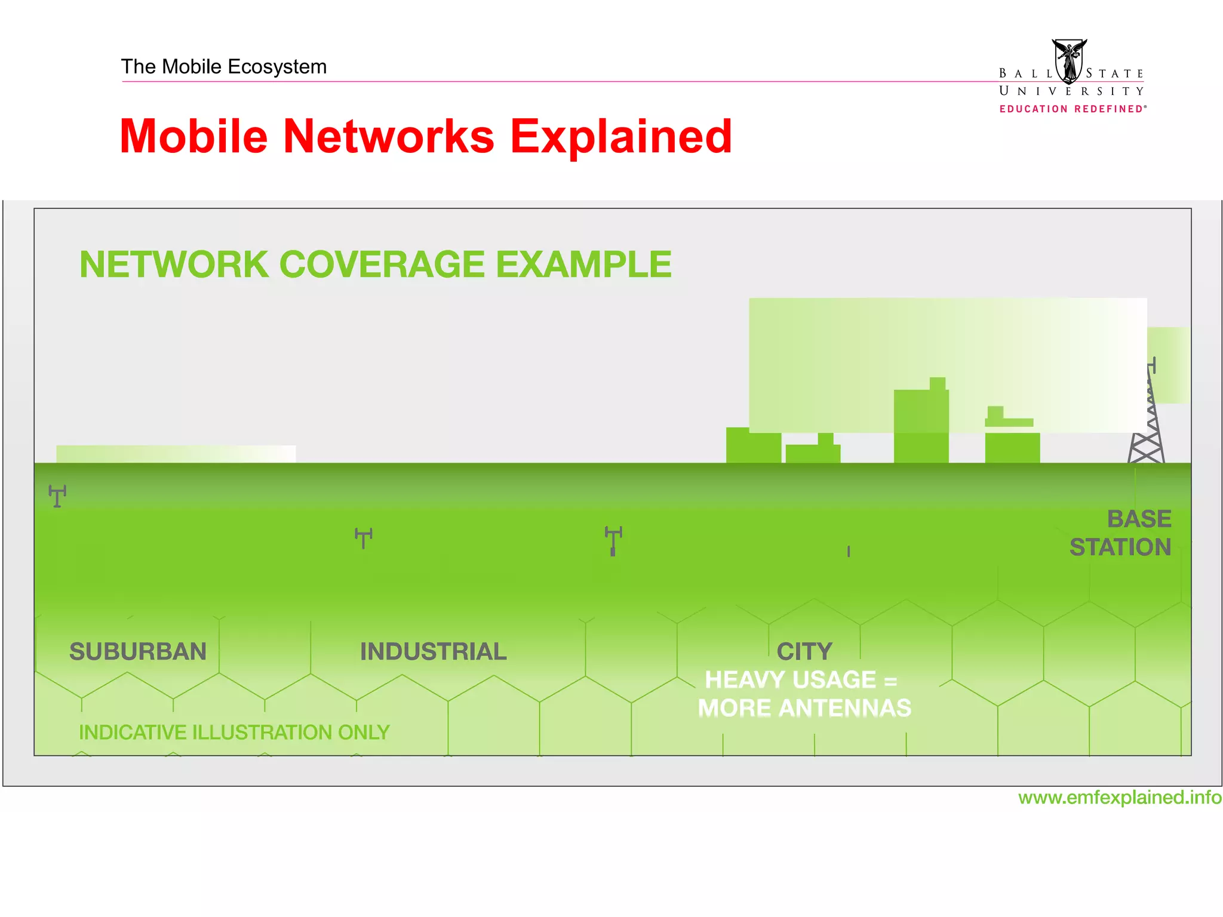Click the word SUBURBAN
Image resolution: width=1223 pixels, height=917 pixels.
pyautogui.click(x=138, y=651)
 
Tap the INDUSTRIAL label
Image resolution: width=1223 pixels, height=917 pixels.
pyautogui.click(x=434, y=651)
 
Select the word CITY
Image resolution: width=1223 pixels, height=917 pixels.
pyautogui.click(x=804, y=651)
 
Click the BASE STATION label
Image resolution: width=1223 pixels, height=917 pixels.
pyautogui.click(x=1121, y=533)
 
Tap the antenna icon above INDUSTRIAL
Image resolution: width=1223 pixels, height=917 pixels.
pyautogui.click(x=364, y=538)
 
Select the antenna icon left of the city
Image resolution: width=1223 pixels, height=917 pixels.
pyautogui.click(x=613, y=541)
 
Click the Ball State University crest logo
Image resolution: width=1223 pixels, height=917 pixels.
pyautogui.click(x=1069, y=61)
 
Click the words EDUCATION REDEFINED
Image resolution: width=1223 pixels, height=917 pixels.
pyautogui.click(x=1073, y=109)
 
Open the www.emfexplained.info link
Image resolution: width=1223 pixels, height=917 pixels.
pyautogui.click(x=1120, y=798)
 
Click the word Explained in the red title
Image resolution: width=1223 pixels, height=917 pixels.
pyautogui.click(x=621, y=137)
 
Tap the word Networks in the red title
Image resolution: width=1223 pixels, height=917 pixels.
pyautogui.click(x=389, y=137)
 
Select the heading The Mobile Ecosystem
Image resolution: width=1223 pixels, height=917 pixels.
pyautogui.click(x=224, y=67)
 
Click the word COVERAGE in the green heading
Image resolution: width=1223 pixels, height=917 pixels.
pyautogui.click(x=382, y=264)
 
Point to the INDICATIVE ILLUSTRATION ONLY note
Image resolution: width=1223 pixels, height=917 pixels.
pyautogui.click(x=234, y=733)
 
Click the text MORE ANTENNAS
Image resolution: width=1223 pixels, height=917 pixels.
pyautogui.click(x=804, y=709)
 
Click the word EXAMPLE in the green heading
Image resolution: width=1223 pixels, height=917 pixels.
pyautogui.click(x=583, y=264)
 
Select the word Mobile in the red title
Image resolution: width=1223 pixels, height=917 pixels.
pyautogui.click(x=194, y=137)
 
